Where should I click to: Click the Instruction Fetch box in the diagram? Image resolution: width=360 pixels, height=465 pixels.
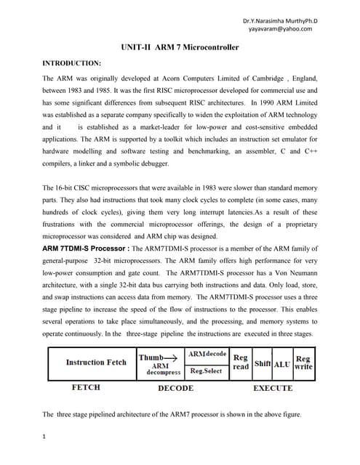click(95, 362)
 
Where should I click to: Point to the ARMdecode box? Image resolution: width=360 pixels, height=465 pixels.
click(207, 354)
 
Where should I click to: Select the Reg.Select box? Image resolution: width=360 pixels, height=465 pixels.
click(207, 370)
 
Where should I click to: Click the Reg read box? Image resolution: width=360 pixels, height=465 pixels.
click(240, 362)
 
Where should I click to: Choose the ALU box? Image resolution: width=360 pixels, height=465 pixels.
click(281, 363)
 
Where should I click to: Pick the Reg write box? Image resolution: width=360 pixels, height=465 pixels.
click(303, 362)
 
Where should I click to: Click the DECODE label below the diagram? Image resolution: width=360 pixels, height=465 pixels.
click(176, 388)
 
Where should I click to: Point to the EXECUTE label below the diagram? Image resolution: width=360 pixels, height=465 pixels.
click(273, 388)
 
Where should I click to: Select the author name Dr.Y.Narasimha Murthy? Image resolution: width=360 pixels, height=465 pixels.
click(276, 20)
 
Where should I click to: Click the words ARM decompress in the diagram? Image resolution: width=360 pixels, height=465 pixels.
click(159, 369)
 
